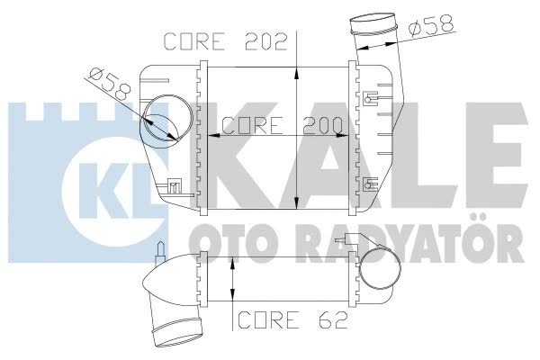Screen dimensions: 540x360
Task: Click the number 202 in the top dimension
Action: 266,41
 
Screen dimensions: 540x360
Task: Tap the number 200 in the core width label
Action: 323,125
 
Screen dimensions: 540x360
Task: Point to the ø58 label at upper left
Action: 110,85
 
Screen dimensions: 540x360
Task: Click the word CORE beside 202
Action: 193,41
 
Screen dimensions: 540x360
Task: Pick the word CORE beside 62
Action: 268,319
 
